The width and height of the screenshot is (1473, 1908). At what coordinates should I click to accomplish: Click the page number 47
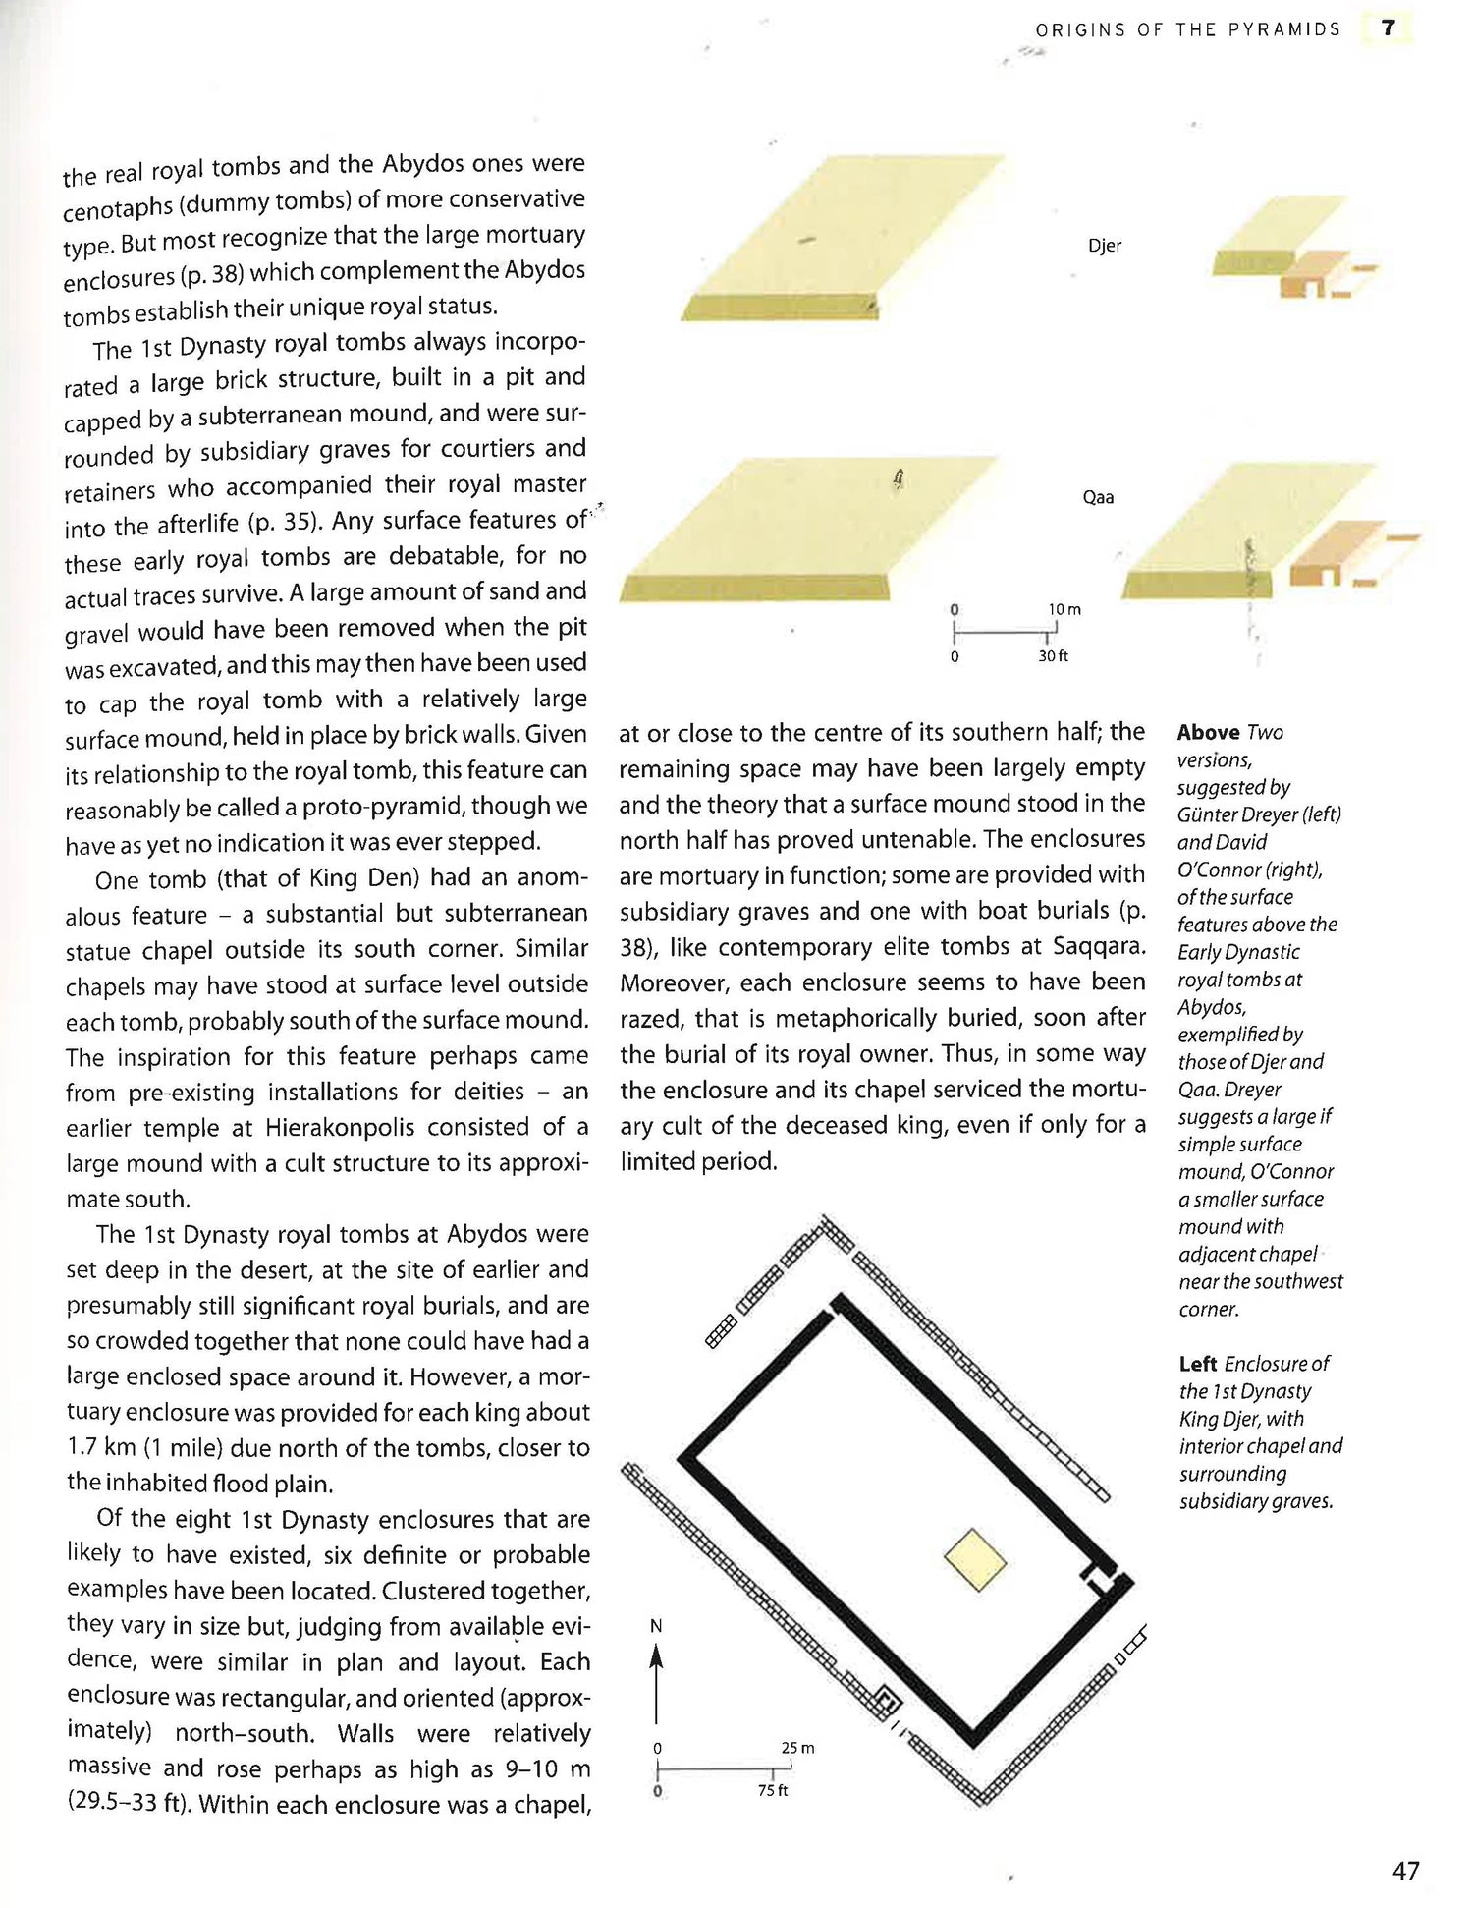click(x=1405, y=1871)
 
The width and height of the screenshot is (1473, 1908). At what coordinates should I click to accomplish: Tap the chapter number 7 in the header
click(x=1388, y=28)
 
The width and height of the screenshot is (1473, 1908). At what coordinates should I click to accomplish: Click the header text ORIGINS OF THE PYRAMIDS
click(x=1187, y=30)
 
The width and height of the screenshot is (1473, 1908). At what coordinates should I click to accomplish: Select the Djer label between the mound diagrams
click(x=1105, y=246)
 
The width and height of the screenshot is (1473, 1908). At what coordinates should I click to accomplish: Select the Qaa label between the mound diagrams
click(x=1098, y=497)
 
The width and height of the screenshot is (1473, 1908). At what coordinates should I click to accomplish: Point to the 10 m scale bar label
click(x=1064, y=609)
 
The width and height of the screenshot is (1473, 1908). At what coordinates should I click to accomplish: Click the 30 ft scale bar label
click(x=1053, y=655)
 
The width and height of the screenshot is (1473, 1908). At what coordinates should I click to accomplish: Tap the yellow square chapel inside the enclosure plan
click(x=976, y=1559)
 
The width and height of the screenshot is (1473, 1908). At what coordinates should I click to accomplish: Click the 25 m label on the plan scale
click(x=797, y=1748)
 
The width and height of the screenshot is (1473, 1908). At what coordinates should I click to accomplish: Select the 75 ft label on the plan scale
click(x=773, y=1790)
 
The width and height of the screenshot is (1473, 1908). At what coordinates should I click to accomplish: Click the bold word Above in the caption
click(x=1208, y=733)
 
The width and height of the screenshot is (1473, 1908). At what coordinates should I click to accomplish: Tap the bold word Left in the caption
click(x=1198, y=1364)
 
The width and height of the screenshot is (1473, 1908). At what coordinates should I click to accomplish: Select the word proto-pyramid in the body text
click(x=382, y=807)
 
